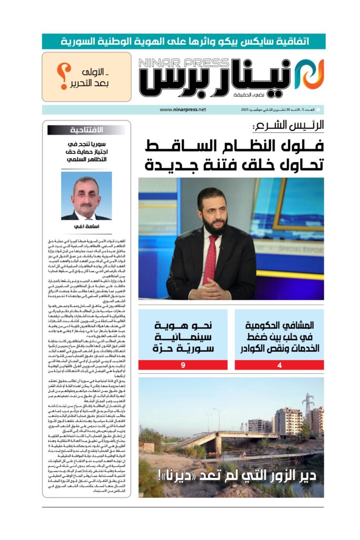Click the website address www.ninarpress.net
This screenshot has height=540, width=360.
coord(182,110)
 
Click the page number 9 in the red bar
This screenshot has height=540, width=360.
coord(182,365)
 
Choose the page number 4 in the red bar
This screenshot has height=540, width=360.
coord(279,365)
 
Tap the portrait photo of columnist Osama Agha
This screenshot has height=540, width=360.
coord(86,196)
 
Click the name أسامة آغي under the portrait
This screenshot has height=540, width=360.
coord(86,227)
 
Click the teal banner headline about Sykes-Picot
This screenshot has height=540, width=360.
coord(183,41)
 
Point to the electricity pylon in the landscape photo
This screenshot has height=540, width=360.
coord(308,406)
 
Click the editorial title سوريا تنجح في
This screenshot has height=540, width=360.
coord(87,143)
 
